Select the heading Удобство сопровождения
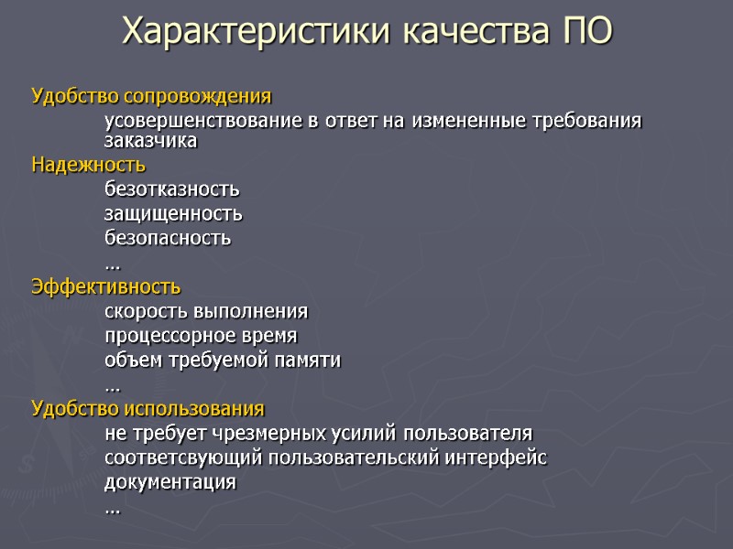151,96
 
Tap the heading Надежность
88,166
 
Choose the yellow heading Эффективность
106,286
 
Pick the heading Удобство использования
148,407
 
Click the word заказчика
150,142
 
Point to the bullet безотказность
172,189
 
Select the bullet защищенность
174,213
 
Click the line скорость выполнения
206,311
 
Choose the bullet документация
170,481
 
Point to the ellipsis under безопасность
113,265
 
